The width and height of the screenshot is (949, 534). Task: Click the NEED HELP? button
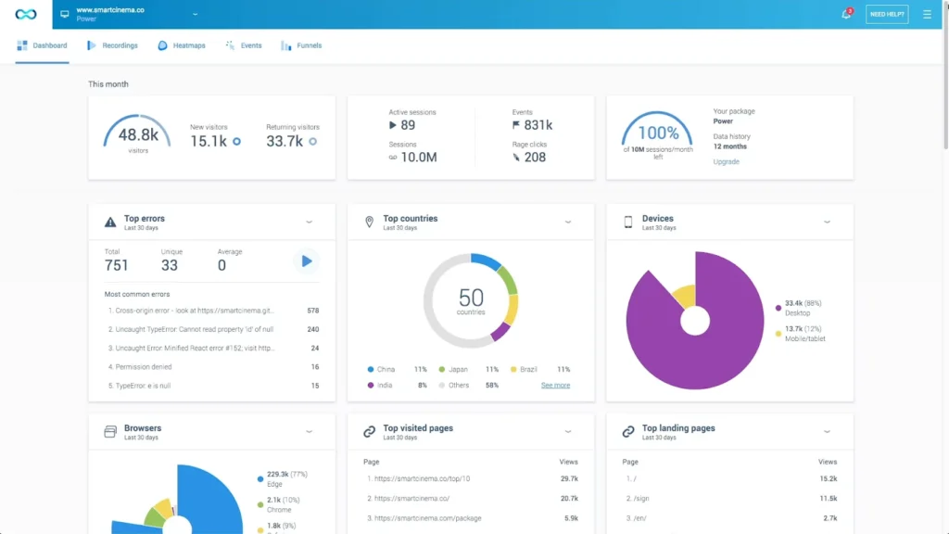click(886, 14)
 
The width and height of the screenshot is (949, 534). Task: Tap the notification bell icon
click(845, 14)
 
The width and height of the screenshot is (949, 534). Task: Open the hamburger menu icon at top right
click(927, 14)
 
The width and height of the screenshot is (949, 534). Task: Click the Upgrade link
click(726, 161)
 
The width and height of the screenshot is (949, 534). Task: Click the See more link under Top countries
click(555, 385)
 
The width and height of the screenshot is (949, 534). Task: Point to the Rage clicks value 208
click(535, 158)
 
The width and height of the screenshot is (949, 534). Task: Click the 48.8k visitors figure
click(138, 135)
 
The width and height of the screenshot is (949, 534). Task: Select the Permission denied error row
click(141, 367)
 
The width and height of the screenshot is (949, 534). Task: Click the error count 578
click(312, 311)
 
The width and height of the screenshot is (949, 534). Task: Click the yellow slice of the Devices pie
click(684, 296)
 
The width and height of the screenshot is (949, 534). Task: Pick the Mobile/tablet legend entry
click(804, 334)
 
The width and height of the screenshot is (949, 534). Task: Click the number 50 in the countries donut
click(471, 298)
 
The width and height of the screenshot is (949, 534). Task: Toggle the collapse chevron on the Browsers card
click(309, 431)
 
